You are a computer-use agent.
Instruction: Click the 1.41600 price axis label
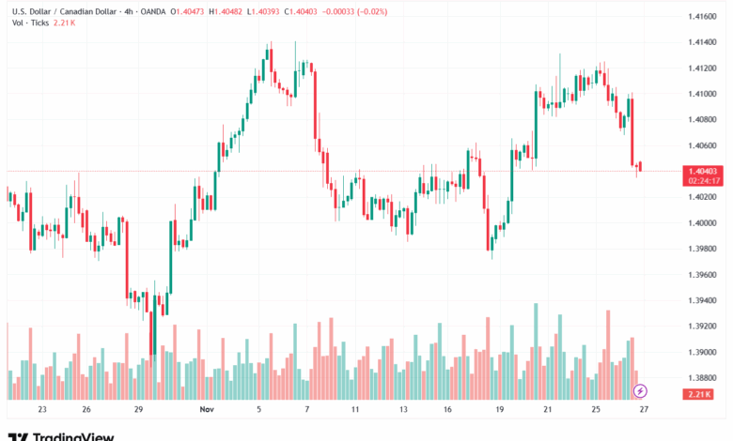(x=704, y=17)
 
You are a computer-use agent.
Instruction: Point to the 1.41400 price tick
(x=704, y=42)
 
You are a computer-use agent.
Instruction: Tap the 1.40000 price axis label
(x=704, y=222)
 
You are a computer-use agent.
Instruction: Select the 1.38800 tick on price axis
(x=704, y=377)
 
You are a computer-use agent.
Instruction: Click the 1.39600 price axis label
(x=704, y=274)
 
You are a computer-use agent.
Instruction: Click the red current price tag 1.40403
(x=704, y=171)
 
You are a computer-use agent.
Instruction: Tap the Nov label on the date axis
(x=208, y=410)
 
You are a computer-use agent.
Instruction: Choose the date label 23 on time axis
(x=42, y=410)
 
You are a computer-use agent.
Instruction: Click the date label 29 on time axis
(x=138, y=410)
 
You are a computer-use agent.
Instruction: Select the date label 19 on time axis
(x=500, y=410)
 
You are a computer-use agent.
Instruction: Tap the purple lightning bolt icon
(x=641, y=390)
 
